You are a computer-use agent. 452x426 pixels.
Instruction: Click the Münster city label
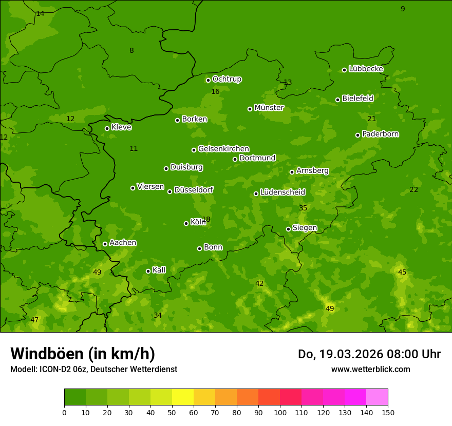[x=269, y=108]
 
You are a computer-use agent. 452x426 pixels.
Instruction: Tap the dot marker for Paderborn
[x=357, y=135]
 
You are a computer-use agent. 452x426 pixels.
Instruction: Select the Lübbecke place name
[x=366, y=69]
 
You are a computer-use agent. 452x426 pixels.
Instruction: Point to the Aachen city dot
[x=105, y=244]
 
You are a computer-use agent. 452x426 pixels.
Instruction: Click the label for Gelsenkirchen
[x=223, y=149]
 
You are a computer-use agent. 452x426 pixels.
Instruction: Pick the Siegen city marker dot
[x=288, y=229]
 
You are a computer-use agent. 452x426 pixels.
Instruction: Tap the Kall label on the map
[x=159, y=270]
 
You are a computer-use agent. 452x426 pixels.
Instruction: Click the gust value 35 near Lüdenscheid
[x=303, y=208]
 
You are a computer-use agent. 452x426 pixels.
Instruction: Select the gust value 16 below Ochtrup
[x=215, y=91]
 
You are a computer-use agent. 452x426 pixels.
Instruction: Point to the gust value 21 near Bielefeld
[x=371, y=119]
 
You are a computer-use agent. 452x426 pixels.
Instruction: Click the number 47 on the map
[x=34, y=320]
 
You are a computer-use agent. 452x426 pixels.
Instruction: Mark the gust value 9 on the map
[x=403, y=9]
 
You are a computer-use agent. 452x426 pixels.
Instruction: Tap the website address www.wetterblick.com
[x=370, y=369]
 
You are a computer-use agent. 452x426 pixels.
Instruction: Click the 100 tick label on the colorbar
[x=280, y=412]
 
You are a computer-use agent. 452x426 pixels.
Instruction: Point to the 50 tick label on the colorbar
[x=172, y=412]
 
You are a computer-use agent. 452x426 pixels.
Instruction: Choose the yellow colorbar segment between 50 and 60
[x=183, y=397]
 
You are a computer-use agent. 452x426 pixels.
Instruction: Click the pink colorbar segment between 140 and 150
[x=377, y=397]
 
